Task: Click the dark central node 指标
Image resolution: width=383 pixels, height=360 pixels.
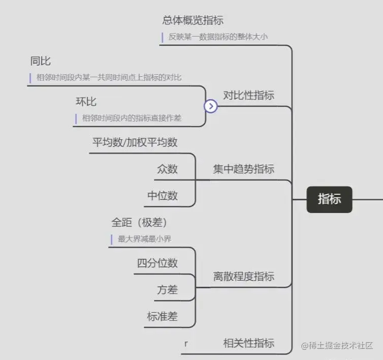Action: point(329,199)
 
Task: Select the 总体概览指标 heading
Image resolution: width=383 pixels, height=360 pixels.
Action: point(193,20)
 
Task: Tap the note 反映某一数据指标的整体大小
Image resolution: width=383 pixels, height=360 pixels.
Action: point(218,37)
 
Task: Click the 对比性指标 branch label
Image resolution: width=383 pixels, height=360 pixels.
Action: point(248,95)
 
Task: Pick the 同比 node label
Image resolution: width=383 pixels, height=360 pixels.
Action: point(41,62)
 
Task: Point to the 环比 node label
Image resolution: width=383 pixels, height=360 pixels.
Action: point(86,102)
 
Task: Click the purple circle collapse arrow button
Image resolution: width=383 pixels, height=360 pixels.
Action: point(210,106)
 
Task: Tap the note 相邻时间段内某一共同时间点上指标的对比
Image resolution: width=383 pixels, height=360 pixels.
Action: point(109,78)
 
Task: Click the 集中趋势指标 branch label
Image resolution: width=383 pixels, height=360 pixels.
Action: point(243,169)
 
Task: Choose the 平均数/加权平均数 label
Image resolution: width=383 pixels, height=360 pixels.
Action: point(135,142)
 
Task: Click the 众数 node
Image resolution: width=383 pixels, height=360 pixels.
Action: point(168,169)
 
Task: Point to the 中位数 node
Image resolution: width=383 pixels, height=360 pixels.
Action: point(163,196)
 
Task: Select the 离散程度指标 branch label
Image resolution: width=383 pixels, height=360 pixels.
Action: point(243,276)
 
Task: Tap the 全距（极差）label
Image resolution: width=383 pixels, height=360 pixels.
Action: point(139,223)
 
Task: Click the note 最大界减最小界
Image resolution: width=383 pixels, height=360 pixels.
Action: point(148,239)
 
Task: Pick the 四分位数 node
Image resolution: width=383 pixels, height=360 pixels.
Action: point(157,263)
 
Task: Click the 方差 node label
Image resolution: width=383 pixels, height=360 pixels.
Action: point(168,290)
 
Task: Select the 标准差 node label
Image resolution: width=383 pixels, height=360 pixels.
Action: point(163,316)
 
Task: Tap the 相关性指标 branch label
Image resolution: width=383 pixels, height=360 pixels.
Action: point(248,343)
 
